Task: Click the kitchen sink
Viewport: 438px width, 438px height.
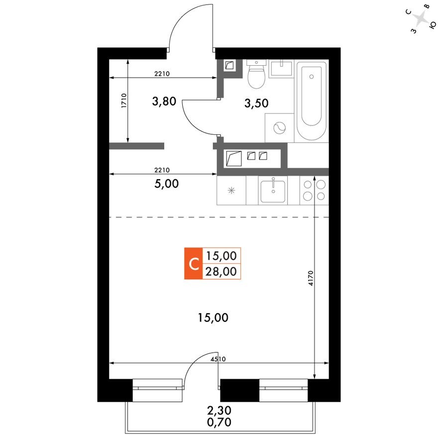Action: pos(273,190)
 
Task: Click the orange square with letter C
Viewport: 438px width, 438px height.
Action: pos(193,263)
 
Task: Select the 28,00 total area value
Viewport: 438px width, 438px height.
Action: pos(221,271)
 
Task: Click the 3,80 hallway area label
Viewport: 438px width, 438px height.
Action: pos(164,102)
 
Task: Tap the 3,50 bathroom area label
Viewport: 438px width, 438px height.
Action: pos(256,103)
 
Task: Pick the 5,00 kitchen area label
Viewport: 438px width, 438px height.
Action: pos(166,183)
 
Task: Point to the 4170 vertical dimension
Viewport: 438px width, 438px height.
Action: pos(310,277)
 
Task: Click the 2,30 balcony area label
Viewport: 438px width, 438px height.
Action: pos(219,412)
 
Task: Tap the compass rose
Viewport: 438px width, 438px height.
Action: pos(422,20)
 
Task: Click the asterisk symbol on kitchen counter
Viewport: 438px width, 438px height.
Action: pos(231,191)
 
